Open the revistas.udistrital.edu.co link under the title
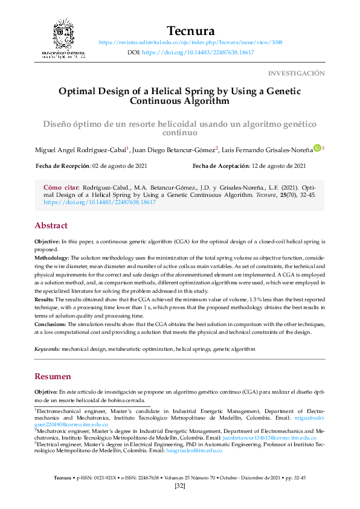[x=190, y=43]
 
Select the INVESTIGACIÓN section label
[x=296, y=73]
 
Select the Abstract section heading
[x=51, y=225]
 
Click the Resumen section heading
[x=53, y=376]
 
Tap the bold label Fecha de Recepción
[x=63, y=166]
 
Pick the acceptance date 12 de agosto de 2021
[x=278, y=166]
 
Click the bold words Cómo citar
[x=61, y=188]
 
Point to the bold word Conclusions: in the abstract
[x=56, y=324]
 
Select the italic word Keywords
[x=47, y=349]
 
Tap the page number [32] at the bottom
[x=179, y=487]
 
